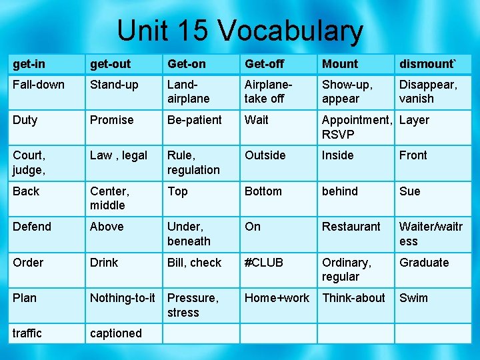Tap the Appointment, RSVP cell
point(357,127)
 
